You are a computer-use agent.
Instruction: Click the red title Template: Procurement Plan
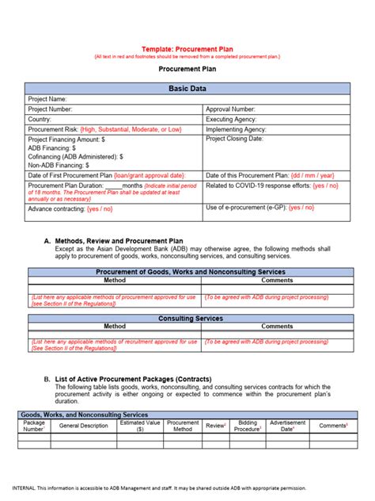click(187, 48)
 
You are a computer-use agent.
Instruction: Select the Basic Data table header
click(187, 88)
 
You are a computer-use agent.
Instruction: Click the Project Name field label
click(47, 99)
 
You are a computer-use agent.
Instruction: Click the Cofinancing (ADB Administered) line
click(75, 156)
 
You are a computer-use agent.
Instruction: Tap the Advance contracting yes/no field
click(70, 208)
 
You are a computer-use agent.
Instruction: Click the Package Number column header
click(33, 426)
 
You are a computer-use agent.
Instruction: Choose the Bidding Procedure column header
click(248, 426)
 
